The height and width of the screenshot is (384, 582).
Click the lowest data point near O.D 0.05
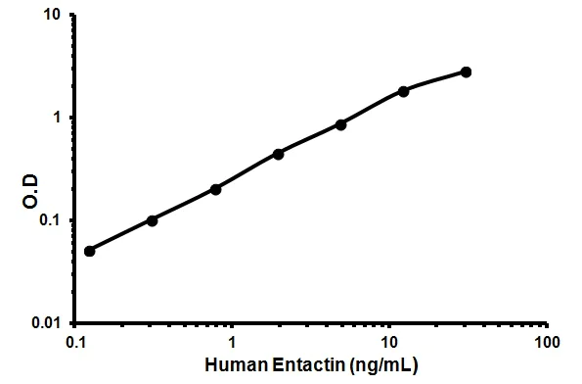click(90, 251)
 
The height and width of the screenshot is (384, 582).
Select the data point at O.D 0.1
click(152, 220)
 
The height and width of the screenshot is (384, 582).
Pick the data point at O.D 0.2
click(215, 189)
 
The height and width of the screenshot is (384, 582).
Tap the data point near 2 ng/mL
click(279, 154)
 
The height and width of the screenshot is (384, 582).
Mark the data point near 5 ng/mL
click(340, 124)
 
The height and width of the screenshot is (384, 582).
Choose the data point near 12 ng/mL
click(403, 91)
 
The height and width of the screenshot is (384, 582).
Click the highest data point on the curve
click(466, 72)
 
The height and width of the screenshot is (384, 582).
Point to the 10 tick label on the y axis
click(56, 16)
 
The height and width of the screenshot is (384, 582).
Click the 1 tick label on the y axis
click(61, 118)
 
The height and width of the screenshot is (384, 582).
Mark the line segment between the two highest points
click(435, 79)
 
